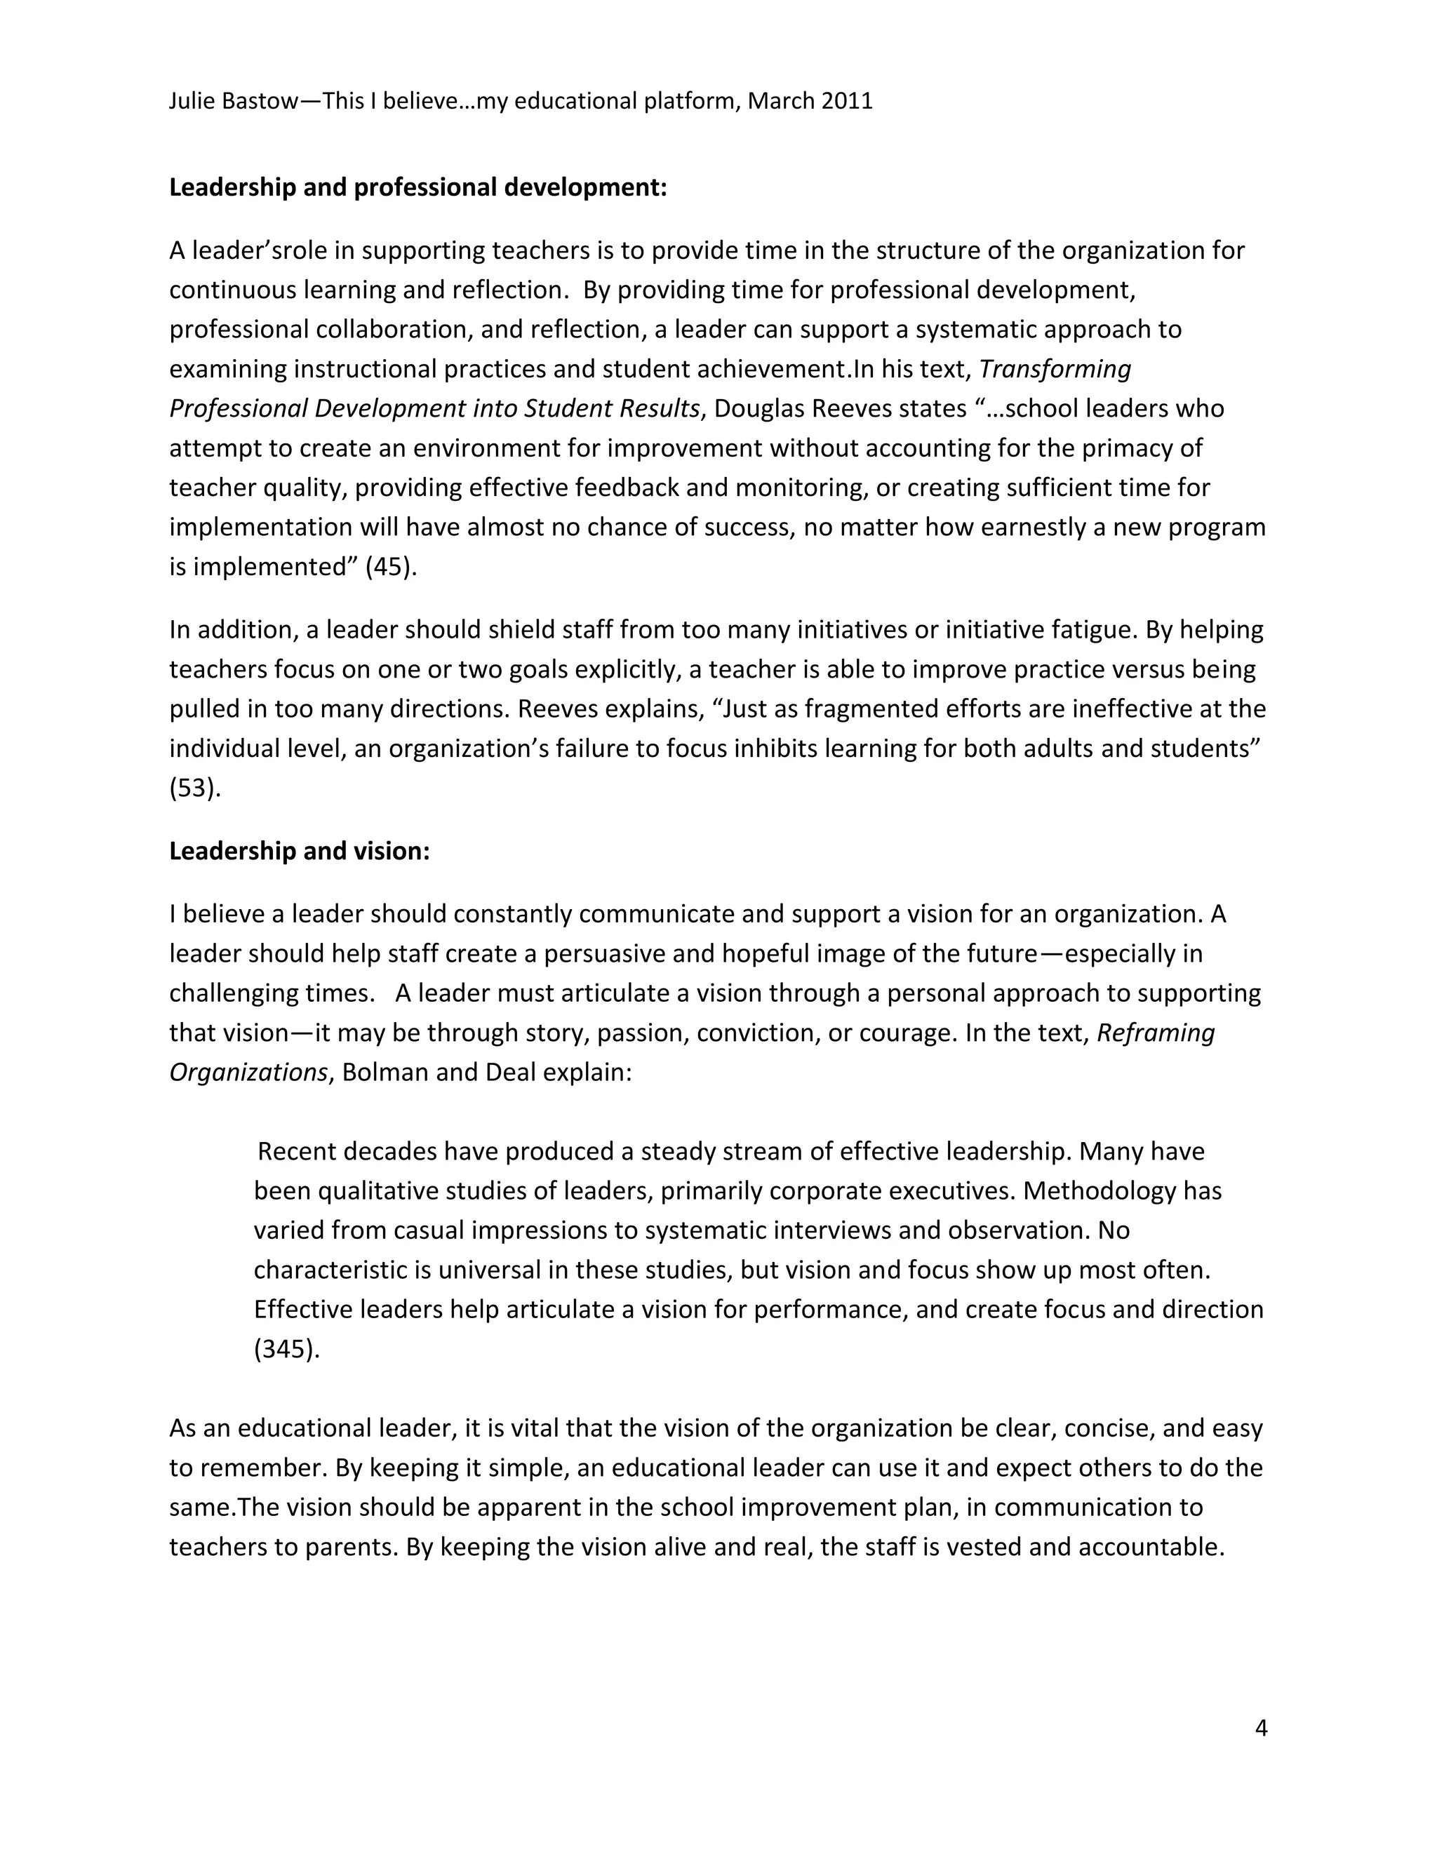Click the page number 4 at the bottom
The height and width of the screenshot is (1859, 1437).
point(1261,1728)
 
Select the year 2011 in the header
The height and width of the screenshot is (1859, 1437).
point(847,101)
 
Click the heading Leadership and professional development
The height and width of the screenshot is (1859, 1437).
point(418,187)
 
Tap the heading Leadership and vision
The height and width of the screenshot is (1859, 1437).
point(300,851)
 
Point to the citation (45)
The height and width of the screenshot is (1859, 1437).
point(391,567)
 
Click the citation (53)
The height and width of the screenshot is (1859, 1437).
point(195,788)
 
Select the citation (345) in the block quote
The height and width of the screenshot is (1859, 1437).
point(287,1349)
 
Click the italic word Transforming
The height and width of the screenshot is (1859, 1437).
point(1055,370)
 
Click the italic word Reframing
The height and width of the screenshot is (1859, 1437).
point(1155,1033)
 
